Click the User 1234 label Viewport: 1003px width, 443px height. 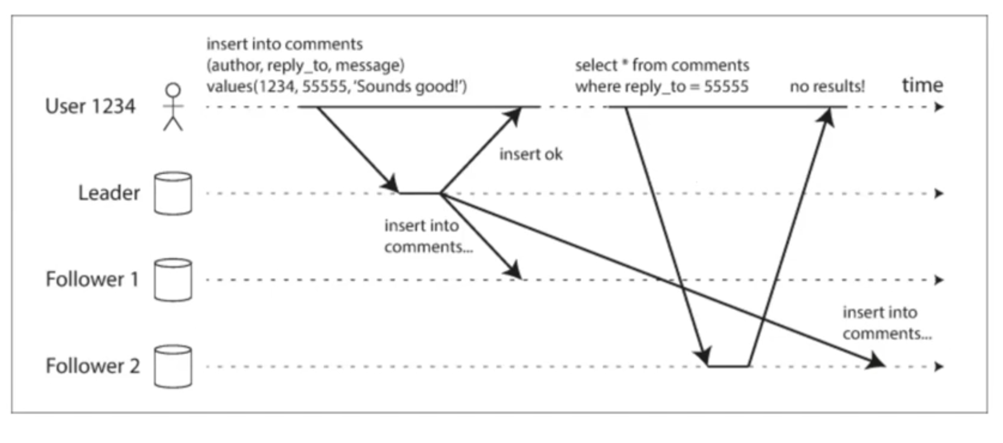[90, 106]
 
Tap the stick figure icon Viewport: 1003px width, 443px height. [173, 106]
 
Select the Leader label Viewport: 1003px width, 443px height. [109, 193]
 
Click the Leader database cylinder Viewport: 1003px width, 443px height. [173, 194]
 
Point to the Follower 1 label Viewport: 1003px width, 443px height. [92, 279]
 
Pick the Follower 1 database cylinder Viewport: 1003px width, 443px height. [173, 280]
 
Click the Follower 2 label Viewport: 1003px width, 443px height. [93, 366]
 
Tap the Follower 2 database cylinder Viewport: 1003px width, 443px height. [173, 367]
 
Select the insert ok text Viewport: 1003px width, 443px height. [531, 154]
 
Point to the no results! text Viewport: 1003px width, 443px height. [827, 86]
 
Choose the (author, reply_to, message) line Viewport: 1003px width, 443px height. [305, 65]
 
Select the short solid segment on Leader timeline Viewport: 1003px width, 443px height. [420, 193]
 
